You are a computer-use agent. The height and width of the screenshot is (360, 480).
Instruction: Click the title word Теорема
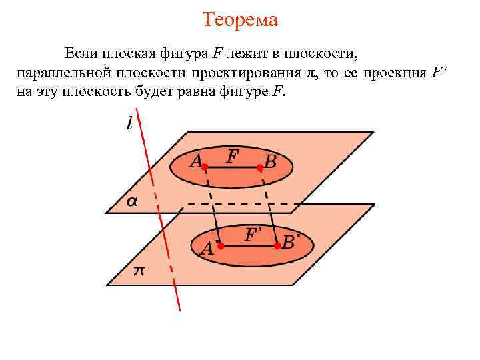tap(240, 19)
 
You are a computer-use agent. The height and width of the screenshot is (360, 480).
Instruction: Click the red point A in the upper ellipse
tap(206, 167)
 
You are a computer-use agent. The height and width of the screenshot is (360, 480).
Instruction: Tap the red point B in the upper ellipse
tap(260, 167)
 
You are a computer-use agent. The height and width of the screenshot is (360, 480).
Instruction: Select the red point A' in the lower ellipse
tap(221, 246)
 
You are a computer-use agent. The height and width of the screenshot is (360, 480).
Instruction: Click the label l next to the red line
tap(129, 123)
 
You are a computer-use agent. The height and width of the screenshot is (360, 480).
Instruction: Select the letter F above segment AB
tap(233, 156)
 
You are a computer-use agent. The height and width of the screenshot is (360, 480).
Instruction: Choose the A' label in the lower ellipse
tap(209, 249)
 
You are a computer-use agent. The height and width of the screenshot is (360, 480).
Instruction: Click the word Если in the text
tap(79, 53)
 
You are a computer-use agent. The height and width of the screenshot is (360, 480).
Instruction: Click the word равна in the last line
tap(192, 92)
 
